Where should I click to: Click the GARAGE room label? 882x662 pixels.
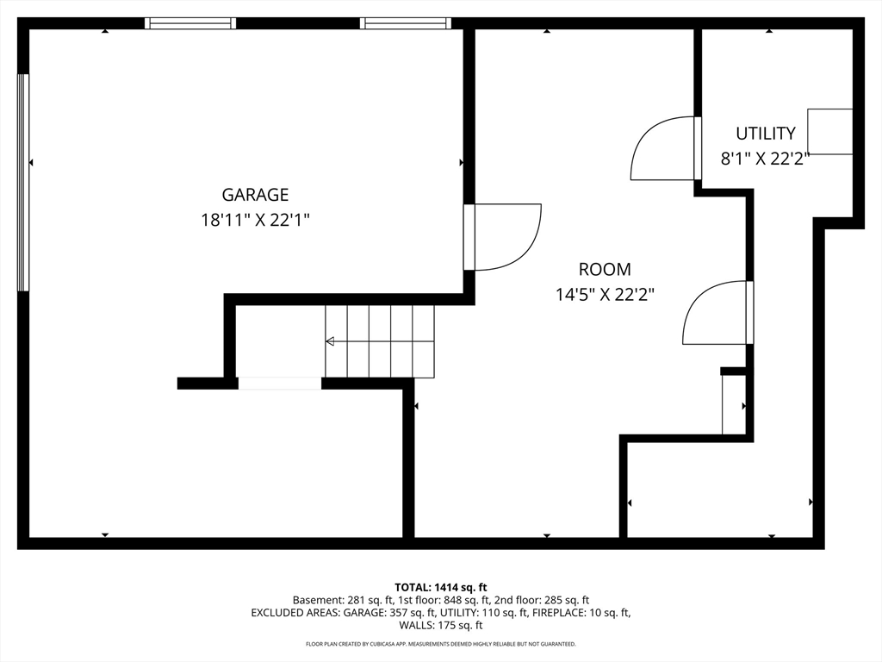pyautogui.click(x=255, y=195)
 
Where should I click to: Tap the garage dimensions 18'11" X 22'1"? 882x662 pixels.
pyautogui.click(x=255, y=220)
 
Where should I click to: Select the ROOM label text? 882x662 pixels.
pyautogui.click(x=605, y=270)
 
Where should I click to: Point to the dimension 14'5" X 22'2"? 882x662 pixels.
pyautogui.click(x=606, y=295)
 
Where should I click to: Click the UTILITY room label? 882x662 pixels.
pyautogui.click(x=766, y=134)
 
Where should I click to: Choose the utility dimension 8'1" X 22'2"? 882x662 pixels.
pyautogui.click(x=765, y=159)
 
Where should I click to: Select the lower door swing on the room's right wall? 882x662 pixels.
pyautogui.click(x=717, y=312)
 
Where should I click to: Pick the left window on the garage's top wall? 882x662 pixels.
pyautogui.click(x=190, y=23)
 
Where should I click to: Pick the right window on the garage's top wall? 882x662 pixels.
pyautogui.click(x=406, y=23)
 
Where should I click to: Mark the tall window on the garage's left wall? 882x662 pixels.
pyautogui.click(x=23, y=183)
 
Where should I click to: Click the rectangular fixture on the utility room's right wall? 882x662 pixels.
pyautogui.click(x=830, y=132)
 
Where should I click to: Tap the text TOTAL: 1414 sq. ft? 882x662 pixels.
pyautogui.click(x=440, y=588)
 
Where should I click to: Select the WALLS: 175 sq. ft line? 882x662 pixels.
pyautogui.click(x=441, y=625)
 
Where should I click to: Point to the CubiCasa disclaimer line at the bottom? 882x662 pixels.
pyautogui.click(x=441, y=644)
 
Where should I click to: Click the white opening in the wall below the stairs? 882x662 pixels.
pyautogui.click(x=280, y=384)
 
